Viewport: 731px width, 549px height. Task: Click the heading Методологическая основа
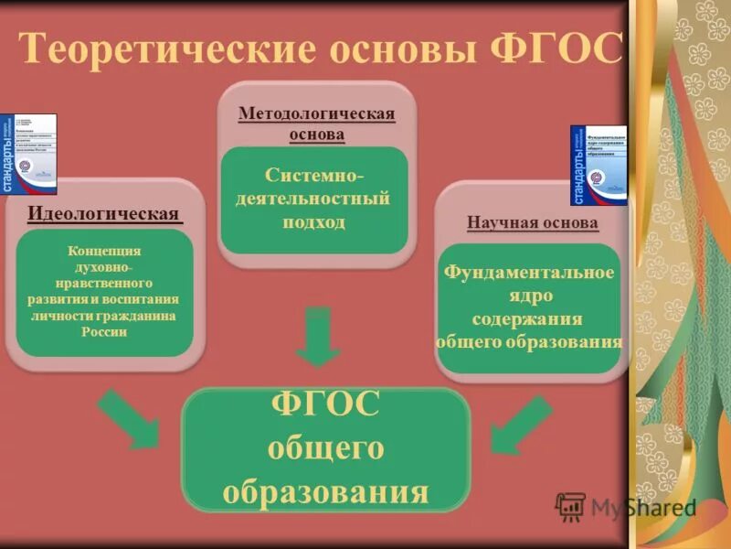pyautogui.click(x=316, y=124)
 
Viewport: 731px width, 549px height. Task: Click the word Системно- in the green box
pyautogui.click(x=313, y=174)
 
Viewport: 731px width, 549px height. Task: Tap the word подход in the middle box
pyautogui.click(x=314, y=222)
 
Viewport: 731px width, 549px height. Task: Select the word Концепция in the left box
pyautogui.click(x=105, y=251)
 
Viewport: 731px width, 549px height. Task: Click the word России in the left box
pyautogui.click(x=104, y=332)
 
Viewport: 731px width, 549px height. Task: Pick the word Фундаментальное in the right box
pyautogui.click(x=529, y=273)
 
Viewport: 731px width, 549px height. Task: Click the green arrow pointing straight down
pyautogui.click(x=318, y=337)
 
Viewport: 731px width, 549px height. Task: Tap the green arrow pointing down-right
pyautogui.click(x=128, y=417)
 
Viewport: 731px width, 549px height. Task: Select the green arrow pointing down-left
pyautogui.click(x=519, y=423)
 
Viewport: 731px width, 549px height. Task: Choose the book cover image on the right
pyautogui.click(x=599, y=165)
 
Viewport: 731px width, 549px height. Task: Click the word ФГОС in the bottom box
pyautogui.click(x=325, y=405)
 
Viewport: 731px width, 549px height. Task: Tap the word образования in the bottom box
pyautogui.click(x=325, y=492)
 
